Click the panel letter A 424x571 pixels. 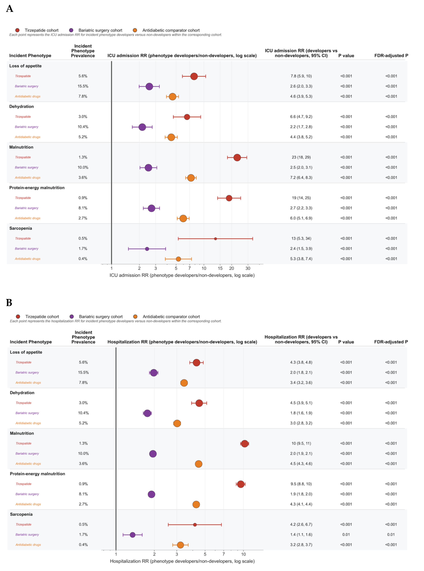coord(9,9)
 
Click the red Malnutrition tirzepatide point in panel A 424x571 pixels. coord(237,157)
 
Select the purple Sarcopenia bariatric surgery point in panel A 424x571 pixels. coord(147,249)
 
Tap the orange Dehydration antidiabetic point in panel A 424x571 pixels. coord(171,137)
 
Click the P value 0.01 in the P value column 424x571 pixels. coord(346,535)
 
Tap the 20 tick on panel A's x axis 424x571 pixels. coord(231,268)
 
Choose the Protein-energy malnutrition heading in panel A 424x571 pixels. coord(37,188)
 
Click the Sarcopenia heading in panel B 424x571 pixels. coord(21,514)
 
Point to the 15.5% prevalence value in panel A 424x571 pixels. coord(83,86)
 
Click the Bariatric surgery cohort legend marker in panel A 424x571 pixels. coord(71,30)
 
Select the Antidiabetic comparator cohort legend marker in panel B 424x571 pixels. coord(135,317)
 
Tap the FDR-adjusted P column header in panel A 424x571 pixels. coord(391,56)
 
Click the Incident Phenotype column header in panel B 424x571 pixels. coord(31,342)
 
